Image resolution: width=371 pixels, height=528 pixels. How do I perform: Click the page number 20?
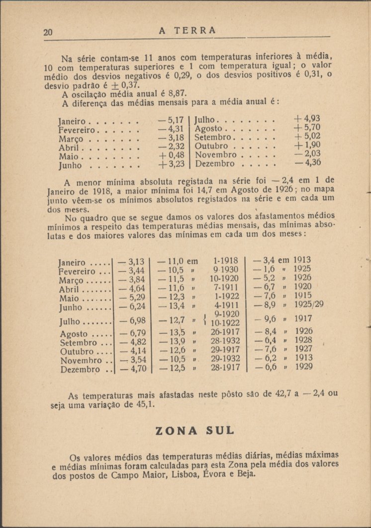[48, 32]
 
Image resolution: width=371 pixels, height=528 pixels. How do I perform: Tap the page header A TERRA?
[187, 30]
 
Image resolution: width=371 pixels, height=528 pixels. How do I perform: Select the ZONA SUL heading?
[195, 431]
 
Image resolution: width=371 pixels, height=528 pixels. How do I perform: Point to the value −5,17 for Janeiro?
[171, 120]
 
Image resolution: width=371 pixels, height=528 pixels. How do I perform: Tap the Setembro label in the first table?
[213, 137]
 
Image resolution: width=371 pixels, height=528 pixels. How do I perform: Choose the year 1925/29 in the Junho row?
[308, 305]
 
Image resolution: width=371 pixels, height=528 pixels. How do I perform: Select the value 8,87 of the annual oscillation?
[178, 93]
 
